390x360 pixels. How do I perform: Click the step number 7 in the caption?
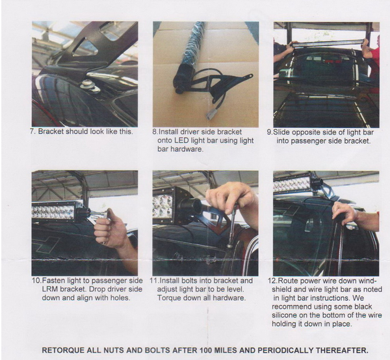pyautogui.click(x=32, y=131)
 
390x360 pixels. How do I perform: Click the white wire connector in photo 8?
pyautogui.click(x=210, y=115)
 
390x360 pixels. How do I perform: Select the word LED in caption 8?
pyautogui.click(x=181, y=140)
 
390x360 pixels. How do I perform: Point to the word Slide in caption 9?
pyautogui.click(x=282, y=132)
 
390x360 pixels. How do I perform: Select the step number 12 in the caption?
pyautogui.click(x=272, y=281)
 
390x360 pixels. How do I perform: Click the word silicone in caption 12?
pyautogui.click(x=285, y=315)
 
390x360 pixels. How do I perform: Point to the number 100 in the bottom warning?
pyautogui.click(x=205, y=350)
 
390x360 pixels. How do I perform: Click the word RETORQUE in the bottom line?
pyautogui.click(x=63, y=350)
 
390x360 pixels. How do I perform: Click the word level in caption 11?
pyautogui.click(x=236, y=289)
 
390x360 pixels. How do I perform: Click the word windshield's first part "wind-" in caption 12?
pyautogui.click(x=367, y=281)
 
